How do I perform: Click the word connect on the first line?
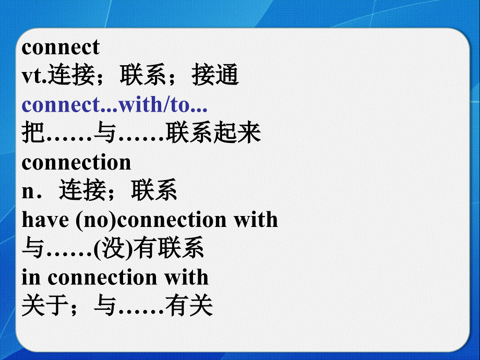[61, 48]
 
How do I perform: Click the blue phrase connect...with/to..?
[115, 105]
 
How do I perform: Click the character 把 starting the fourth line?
[31, 134]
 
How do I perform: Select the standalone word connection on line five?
[76, 163]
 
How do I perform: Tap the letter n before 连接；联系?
[28, 191]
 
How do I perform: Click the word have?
[45, 220]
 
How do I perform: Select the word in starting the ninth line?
[31, 278]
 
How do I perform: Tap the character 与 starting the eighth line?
[31, 249]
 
